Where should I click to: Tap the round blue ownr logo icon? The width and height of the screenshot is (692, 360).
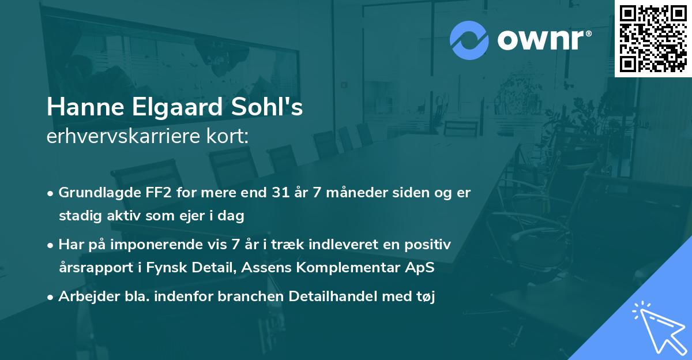pyautogui.click(x=469, y=40)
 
